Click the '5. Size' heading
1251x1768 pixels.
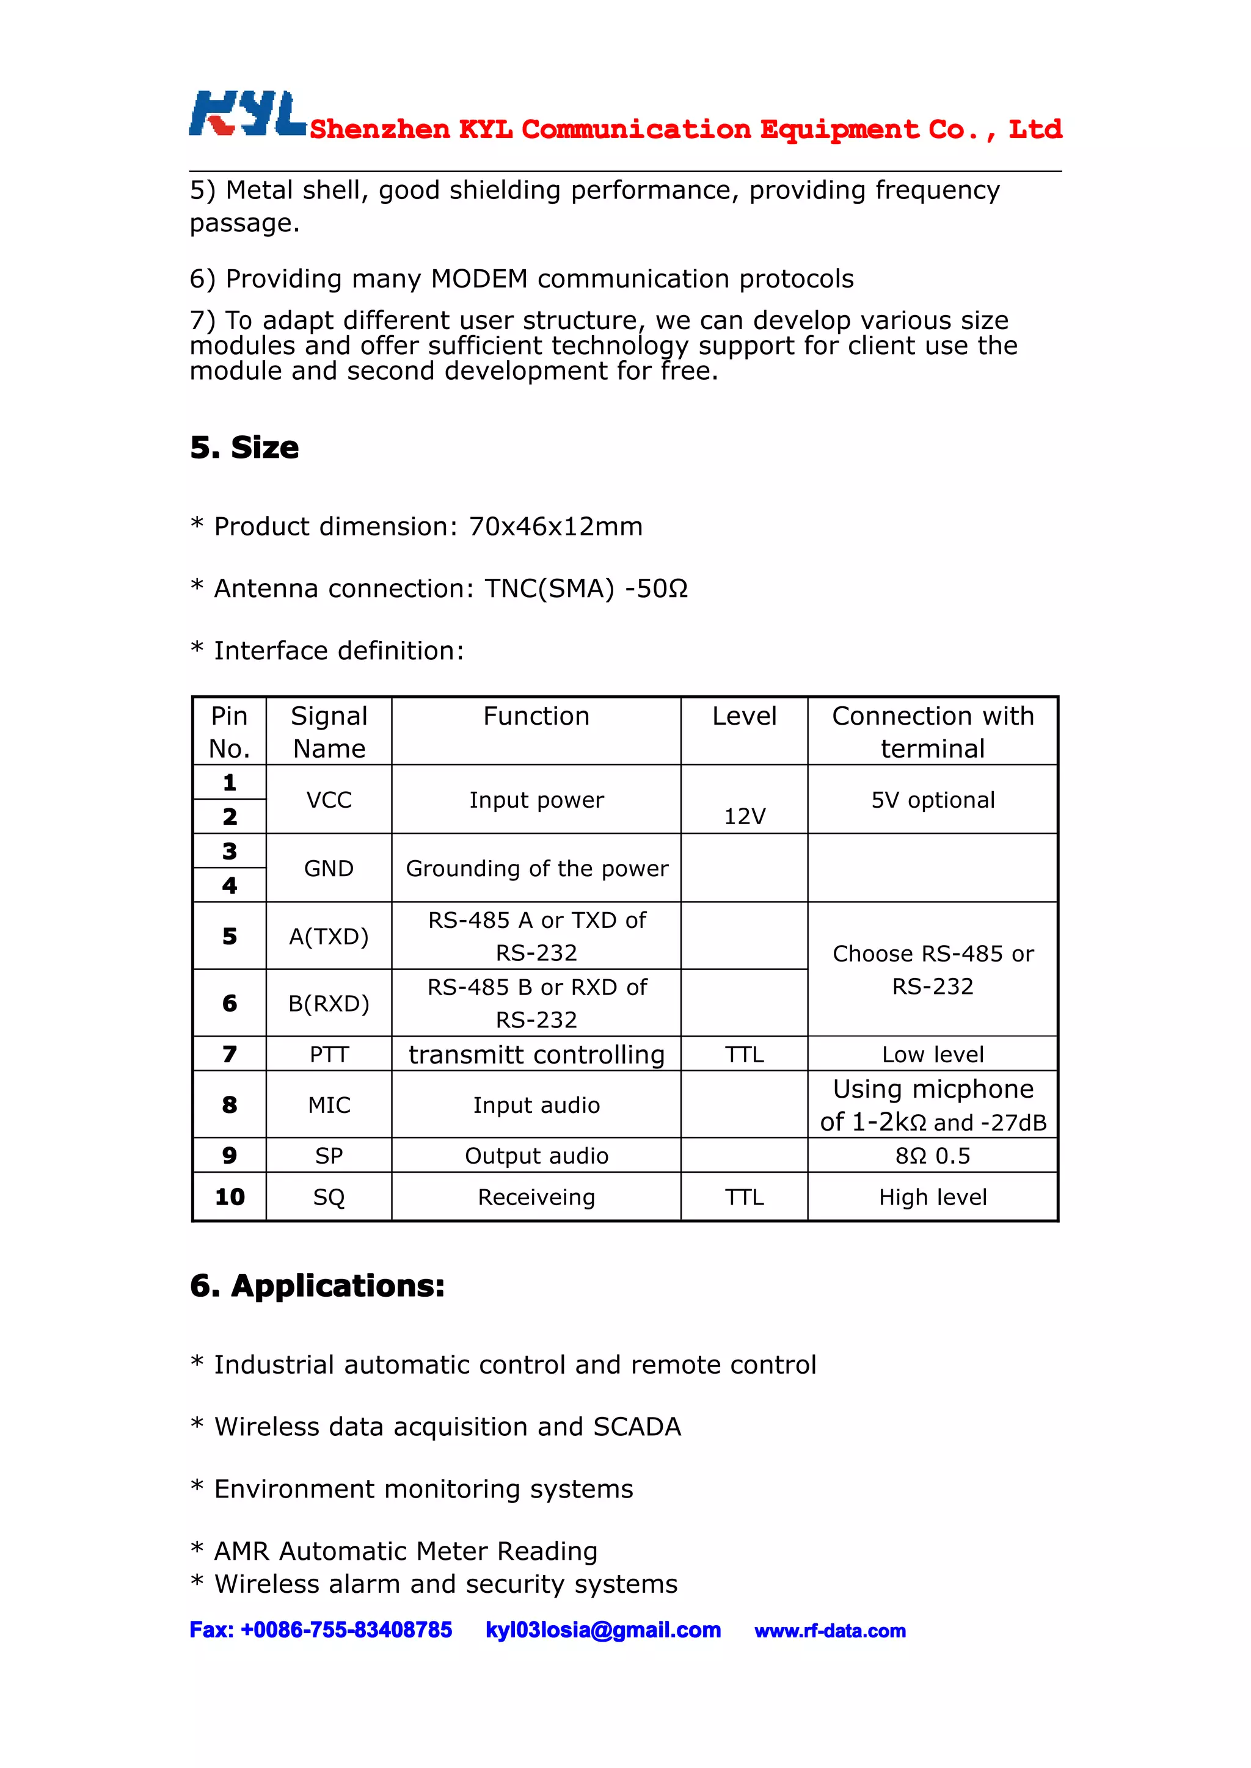coord(244,447)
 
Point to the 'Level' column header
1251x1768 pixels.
coord(744,716)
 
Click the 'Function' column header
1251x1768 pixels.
coord(536,716)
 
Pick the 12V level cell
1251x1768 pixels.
coord(744,816)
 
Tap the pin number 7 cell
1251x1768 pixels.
coord(230,1054)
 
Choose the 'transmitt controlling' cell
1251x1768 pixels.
coord(536,1054)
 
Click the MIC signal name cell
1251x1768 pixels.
coord(329,1105)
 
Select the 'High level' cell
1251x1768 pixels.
coord(933,1197)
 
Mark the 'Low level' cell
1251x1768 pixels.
coord(933,1054)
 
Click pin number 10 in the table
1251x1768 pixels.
coord(230,1197)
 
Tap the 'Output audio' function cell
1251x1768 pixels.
coord(536,1156)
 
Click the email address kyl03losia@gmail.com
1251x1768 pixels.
coord(603,1630)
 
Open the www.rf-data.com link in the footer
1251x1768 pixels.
coord(830,1631)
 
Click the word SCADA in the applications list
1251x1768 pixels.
coord(637,1427)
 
